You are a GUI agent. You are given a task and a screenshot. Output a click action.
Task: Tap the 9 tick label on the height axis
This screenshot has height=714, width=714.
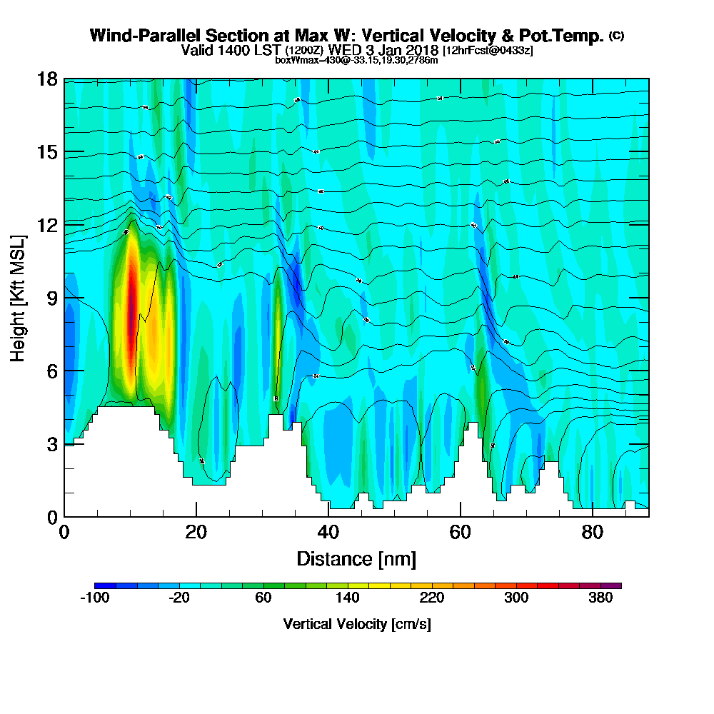click(51, 298)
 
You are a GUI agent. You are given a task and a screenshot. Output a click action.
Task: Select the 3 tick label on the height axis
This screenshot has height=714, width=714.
click(51, 444)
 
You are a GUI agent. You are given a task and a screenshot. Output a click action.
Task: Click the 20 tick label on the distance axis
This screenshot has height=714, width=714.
click(196, 533)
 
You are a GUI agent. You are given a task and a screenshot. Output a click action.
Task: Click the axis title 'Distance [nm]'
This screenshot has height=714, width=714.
click(356, 558)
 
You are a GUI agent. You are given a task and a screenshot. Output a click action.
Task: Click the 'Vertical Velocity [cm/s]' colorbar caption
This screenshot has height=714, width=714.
click(357, 624)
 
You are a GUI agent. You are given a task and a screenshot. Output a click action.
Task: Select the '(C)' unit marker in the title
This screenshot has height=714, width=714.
click(616, 35)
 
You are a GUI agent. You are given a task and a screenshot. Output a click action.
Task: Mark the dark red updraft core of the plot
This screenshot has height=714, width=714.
click(131, 300)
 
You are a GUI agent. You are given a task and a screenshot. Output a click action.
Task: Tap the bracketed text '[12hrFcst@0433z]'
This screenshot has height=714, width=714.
click(488, 51)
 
